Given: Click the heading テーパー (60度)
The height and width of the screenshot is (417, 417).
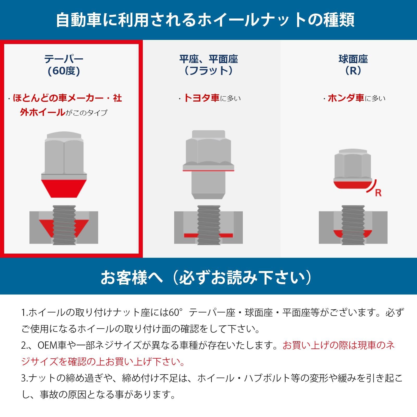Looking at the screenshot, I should pos(64,65).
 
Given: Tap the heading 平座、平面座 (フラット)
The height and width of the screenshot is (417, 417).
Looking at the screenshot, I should pos(208,65).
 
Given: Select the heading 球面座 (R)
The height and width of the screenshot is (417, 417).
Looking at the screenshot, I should pos(353,65).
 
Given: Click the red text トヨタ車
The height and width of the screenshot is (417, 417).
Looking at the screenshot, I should pos(201,98).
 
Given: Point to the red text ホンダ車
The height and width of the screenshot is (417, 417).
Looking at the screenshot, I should pos(346,98).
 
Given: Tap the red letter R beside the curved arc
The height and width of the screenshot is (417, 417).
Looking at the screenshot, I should pos(378,193).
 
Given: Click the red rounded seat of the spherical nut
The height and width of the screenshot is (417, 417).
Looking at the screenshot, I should pos(353,184).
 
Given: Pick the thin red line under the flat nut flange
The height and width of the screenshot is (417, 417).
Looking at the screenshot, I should pos(208,171).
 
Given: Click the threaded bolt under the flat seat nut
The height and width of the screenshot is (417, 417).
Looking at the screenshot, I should pos(208,225).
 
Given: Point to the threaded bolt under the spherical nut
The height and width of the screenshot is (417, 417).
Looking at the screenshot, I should pos(353,225).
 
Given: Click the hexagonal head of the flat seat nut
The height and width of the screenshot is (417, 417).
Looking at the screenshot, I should pos(208,151).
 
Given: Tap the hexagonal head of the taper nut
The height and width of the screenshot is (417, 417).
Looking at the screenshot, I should pos(64,155).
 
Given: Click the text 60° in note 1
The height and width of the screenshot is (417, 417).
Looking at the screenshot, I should pos(175,312).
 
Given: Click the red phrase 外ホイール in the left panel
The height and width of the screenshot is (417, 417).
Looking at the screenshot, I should pos(42,112).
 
